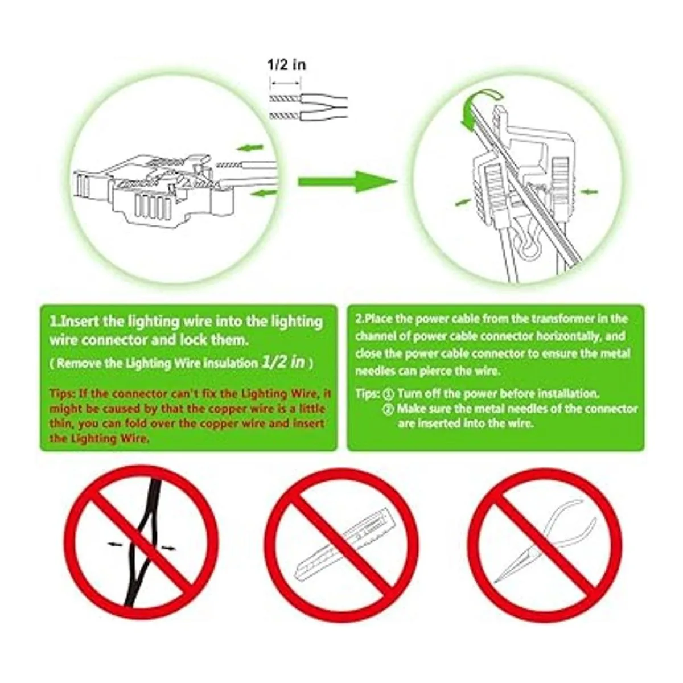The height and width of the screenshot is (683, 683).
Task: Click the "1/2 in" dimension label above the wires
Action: [286, 65]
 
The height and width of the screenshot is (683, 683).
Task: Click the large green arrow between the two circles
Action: [347, 182]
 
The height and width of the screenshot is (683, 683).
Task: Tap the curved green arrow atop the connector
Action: [479, 109]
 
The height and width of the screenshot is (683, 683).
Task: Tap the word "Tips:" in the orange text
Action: [63, 394]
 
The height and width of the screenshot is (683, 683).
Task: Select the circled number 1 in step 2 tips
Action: [389, 394]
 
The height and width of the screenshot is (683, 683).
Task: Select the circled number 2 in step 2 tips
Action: [389, 409]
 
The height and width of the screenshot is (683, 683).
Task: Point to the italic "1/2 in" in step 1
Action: [283, 362]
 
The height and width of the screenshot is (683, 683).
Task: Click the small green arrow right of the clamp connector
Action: [589, 192]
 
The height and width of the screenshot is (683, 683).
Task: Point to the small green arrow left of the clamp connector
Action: [463, 203]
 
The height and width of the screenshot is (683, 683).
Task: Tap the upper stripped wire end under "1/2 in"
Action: [286, 98]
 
